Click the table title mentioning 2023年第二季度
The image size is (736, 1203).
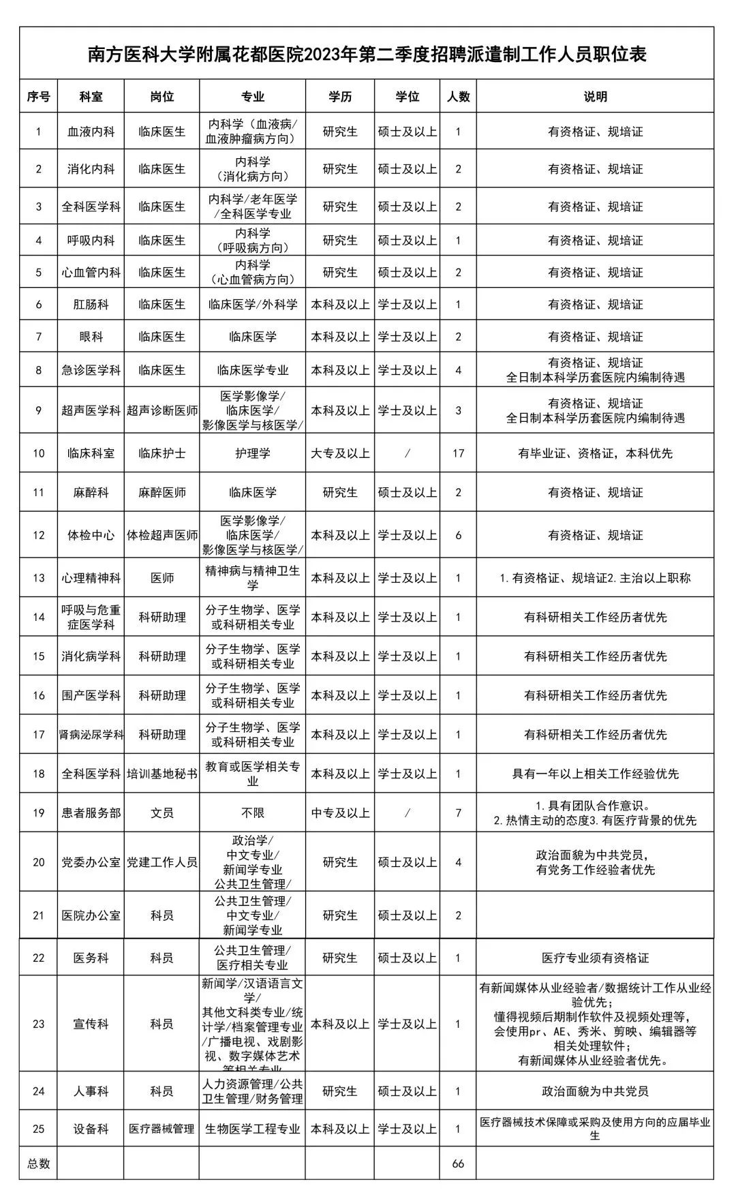point(367,54)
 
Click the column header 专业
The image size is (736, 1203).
point(253,97)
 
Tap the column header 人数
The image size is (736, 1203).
point(458,97)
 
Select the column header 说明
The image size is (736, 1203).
point(595,97)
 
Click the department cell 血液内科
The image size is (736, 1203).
point(91,132)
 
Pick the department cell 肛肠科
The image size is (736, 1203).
point(91,305)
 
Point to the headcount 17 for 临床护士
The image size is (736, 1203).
point(458,453)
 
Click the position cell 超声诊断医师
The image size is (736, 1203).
point(162,410)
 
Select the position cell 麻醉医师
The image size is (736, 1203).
point(162,492)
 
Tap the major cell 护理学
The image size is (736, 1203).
point(253,453)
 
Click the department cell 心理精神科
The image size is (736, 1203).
point(91,578)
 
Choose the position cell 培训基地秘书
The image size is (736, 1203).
point(162,774)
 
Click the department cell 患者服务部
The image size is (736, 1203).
point(91,812)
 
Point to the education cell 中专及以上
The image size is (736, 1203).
point(340,812)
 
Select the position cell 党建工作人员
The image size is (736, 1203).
point(162,862)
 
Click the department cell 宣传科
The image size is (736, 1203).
point(91,1024)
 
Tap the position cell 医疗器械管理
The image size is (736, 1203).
point(162,1129)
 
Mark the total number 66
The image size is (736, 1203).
point(458,1163)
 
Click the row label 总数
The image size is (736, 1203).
point(39,1163)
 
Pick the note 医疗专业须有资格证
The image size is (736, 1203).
point(595,958)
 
